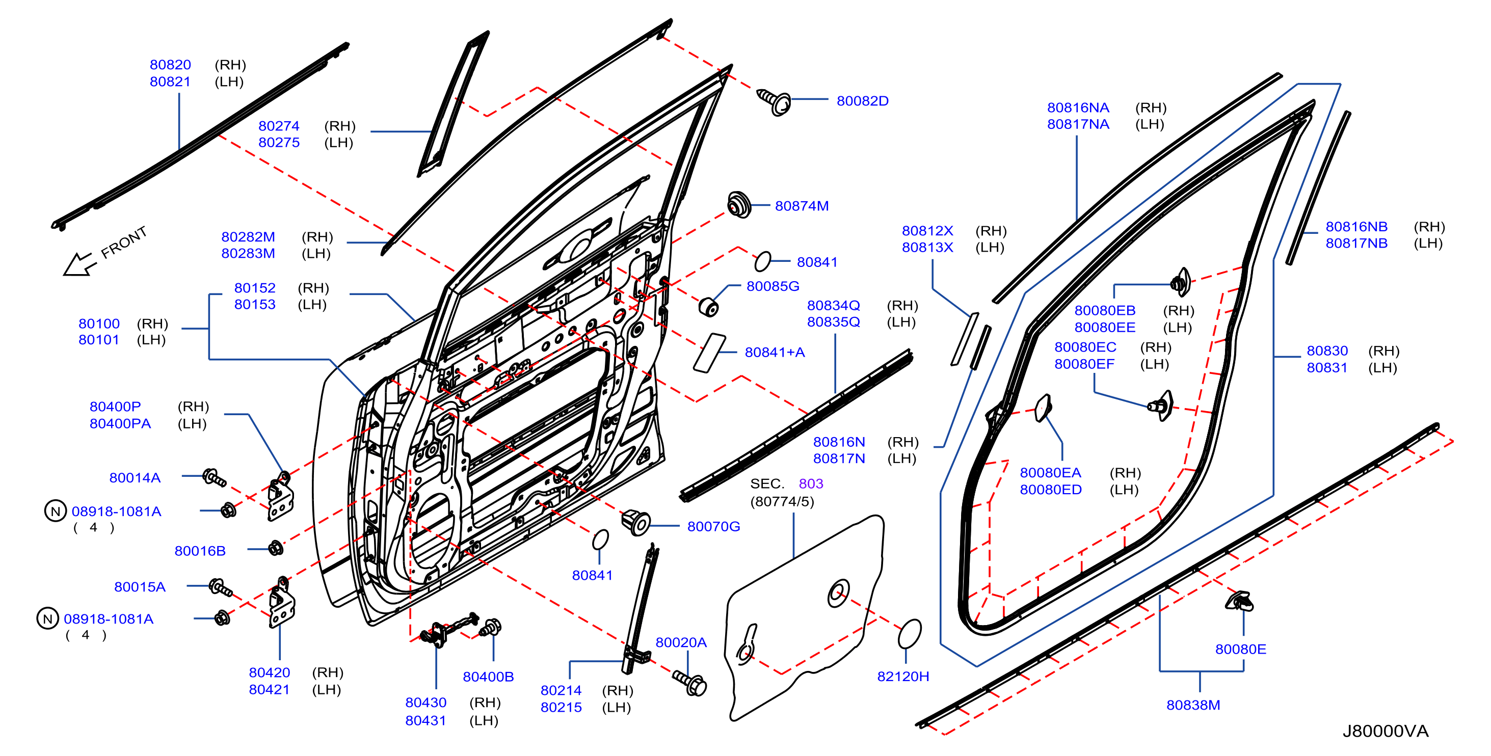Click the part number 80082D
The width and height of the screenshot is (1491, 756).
pos(862,101)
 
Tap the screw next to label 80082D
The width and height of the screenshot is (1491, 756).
pos(774,101)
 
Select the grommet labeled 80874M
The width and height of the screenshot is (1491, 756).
pos(738,204)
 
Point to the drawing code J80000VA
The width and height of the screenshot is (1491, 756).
pos(1386,731)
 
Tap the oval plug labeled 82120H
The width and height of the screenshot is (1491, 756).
pos(909,634)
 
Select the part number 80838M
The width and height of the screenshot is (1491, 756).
pos(1193,705)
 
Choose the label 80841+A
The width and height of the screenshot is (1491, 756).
pos(775,352)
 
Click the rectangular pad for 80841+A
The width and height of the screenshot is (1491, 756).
pos(709,353)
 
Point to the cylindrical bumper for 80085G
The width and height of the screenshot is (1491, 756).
pos(708,307)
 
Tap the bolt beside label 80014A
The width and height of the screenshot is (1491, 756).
pos(214,478)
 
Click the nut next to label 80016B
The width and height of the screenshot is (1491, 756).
pos(276,548)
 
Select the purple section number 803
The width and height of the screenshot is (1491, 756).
pos(810,483)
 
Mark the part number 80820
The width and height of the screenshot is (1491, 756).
pos(170,65)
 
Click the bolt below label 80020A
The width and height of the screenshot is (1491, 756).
pos(689,683)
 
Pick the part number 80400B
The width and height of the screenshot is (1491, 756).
pos(488,676)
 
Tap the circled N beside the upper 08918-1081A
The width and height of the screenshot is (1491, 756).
pos(56,511)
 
